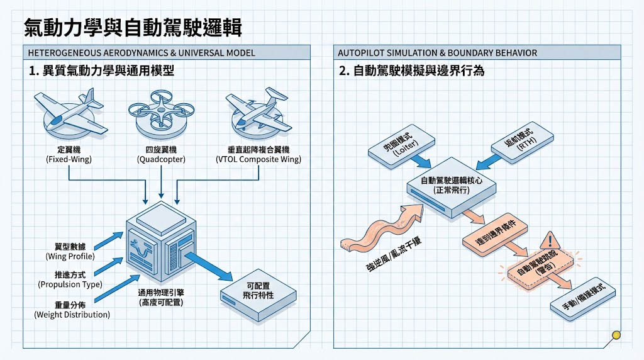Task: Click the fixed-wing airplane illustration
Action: tap(69, 113)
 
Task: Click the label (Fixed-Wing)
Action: tap(69, 160)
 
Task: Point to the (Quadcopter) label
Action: tap(162, 160)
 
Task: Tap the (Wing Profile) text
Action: tap(70, 257)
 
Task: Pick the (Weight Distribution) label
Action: tap(72, 315)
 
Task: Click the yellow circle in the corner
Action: tap(616, 335)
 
